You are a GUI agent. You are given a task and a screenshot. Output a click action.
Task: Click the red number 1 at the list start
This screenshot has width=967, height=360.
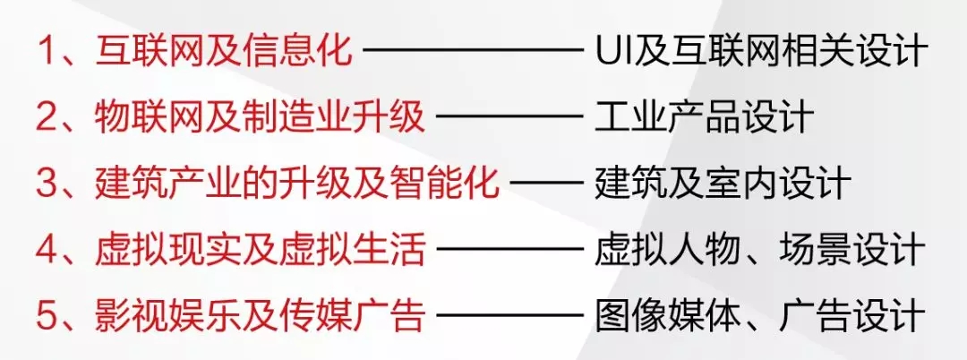[46, 51]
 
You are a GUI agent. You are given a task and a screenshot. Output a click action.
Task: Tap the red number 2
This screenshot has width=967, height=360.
[46, 117]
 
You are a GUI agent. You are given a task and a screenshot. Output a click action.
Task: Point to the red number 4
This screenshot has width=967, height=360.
[46, 250]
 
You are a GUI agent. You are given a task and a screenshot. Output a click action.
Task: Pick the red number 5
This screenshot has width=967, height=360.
[46, 316]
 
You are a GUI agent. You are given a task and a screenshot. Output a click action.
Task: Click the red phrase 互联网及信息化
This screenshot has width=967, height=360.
[223, 51]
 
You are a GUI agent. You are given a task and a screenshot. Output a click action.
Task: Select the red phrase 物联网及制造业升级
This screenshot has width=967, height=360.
[260, 117]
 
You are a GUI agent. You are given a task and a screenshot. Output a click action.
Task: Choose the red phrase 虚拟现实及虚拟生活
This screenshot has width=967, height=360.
[260, 250]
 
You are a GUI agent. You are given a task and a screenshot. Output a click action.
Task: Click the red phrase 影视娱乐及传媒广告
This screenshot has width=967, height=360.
[260, 316]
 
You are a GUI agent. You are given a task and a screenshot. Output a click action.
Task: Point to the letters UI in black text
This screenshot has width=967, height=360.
[612, 51]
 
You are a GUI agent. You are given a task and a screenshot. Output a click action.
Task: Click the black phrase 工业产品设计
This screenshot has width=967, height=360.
[704, 117]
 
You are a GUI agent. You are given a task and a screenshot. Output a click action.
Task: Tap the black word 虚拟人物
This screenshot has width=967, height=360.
[667, 250]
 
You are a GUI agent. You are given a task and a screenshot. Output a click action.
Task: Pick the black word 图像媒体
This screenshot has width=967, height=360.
[667, 316]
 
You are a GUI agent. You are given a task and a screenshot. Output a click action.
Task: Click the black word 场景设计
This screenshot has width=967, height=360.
[851, 250]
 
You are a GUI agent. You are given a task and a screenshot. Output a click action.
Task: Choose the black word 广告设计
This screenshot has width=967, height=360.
[851, 316]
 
